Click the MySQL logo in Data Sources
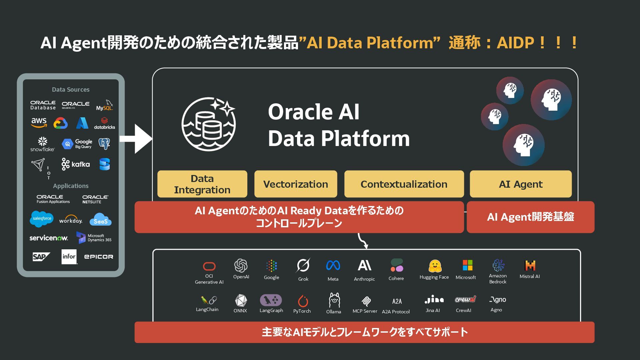pyautogui.click(x=104, y=105)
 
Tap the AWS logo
pyautogui.click(x=39, y=122)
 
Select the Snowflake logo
pyautogui.click(x=42, y=144)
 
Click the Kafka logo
pyautogui.click(x=76, y=164)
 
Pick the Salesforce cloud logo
pyautogui.click(x=42, y=219)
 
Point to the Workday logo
pyautogui.click(x=71, y=220)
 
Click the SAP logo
pyautogui.click(x=41, y=257)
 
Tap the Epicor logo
pyautogui.click(x=98, y=257)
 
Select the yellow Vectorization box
pyautogui.click(x=295, y=184)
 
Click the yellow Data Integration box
pyautogui.click(x=202, y=184)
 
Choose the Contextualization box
pyautogui.click(x=404, y=184)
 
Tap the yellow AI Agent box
pyautogui.click(x=520, y=184)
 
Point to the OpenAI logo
pyautogui.click(x=241, y=266)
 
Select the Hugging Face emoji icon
pyautogui.click(x=435, y=266)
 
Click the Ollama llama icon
pyautogui.click(x=334, y=300)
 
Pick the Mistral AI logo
pyautogui.click(x=530, y=265)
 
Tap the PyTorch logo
pyautogui.click(x=303, y=301)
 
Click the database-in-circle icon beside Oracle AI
pyautogui.click(x=209, y=124)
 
